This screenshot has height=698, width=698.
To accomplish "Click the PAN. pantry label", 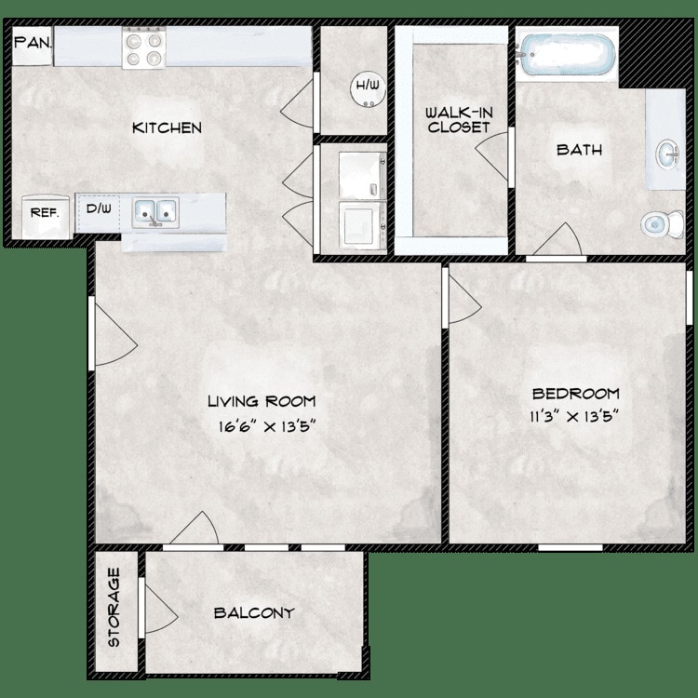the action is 33,43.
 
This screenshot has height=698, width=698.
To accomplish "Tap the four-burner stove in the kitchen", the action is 143,48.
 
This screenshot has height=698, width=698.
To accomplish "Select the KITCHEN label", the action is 167,128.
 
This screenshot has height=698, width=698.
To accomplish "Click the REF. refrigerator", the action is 45,217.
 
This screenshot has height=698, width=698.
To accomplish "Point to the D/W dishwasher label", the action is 99,208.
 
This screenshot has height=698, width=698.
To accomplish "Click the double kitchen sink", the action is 155,212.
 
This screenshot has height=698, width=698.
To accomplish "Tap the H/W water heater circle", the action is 368,90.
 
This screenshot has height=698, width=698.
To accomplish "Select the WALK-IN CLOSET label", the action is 459,120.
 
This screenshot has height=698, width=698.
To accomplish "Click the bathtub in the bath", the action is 568,54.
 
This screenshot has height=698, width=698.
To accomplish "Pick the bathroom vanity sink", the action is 667,154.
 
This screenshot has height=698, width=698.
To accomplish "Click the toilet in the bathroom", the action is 662,224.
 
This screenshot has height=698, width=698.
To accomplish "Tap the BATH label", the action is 579,150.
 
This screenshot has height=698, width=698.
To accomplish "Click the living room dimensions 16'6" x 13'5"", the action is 267,427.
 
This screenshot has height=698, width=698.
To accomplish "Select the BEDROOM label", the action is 575,394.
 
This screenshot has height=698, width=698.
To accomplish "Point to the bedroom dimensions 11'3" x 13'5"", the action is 575,417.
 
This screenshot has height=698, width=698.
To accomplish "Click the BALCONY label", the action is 254,613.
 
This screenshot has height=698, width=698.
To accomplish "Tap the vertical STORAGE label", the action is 114,607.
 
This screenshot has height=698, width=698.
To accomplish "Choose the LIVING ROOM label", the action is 262,401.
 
